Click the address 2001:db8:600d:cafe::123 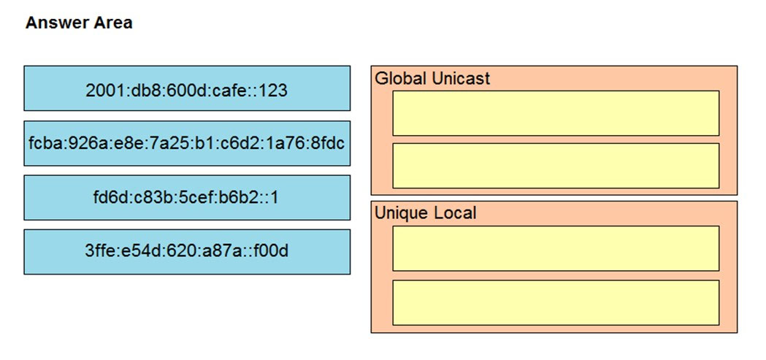187,88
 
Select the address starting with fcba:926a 187,143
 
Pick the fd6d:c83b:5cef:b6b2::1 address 187,197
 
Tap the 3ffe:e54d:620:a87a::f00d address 187,251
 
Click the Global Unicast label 432,78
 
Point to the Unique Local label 425,213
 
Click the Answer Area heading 79,23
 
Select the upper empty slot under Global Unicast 556,113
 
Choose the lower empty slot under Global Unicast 556,166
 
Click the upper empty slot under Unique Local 556,248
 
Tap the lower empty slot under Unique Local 556,302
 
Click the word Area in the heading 113,23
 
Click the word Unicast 461,78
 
